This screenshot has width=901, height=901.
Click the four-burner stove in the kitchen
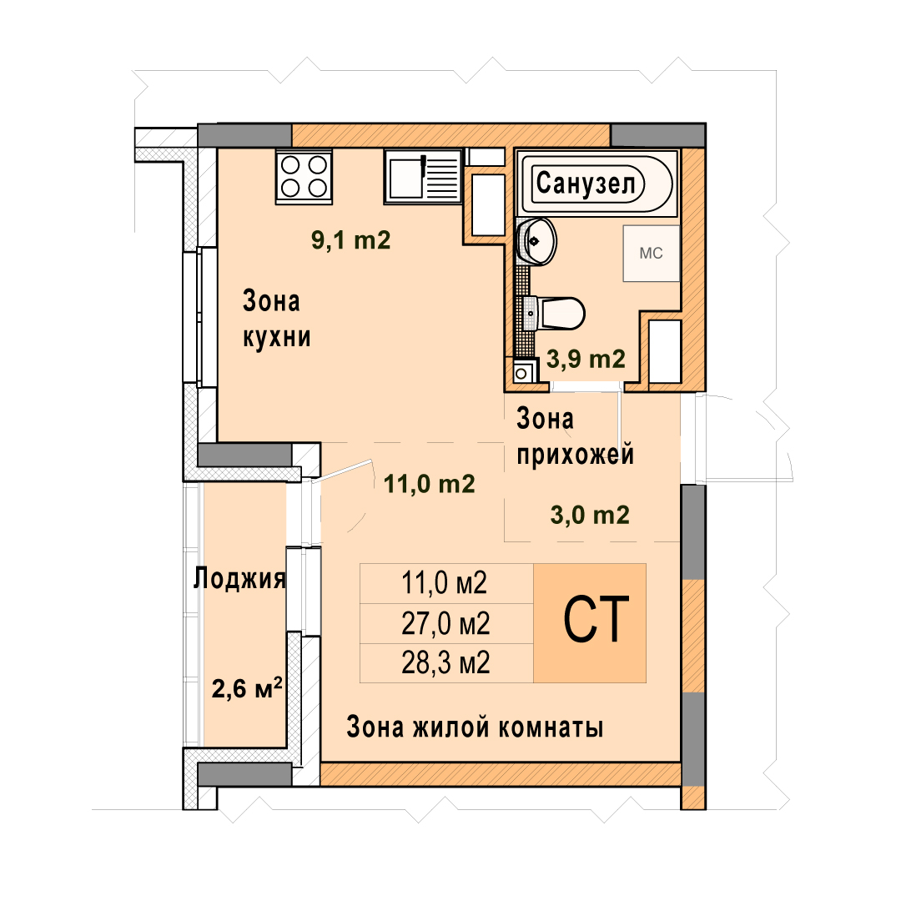(304, 176)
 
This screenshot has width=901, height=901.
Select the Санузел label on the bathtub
(586, 184)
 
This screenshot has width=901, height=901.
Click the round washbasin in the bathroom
(536, 241)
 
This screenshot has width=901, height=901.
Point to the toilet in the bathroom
(554, 314)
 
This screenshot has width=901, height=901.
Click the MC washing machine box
(652, 254)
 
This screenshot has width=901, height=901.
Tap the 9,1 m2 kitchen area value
(350, 239)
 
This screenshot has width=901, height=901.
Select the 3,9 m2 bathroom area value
(586, 359)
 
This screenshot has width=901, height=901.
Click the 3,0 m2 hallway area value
(590, 515)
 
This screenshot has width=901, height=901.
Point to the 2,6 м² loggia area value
(247, 687)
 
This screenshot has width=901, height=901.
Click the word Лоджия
(239, 578)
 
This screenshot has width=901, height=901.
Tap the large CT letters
(596, 620)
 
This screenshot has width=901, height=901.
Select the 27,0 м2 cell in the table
(445, 623)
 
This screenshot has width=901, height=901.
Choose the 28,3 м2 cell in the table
(445, 663)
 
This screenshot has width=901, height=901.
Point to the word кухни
(277, 337)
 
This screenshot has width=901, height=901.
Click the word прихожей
(575, 455)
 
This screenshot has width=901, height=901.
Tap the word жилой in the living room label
(450, 727)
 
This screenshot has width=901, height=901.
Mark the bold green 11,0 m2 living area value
(430, 485)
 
